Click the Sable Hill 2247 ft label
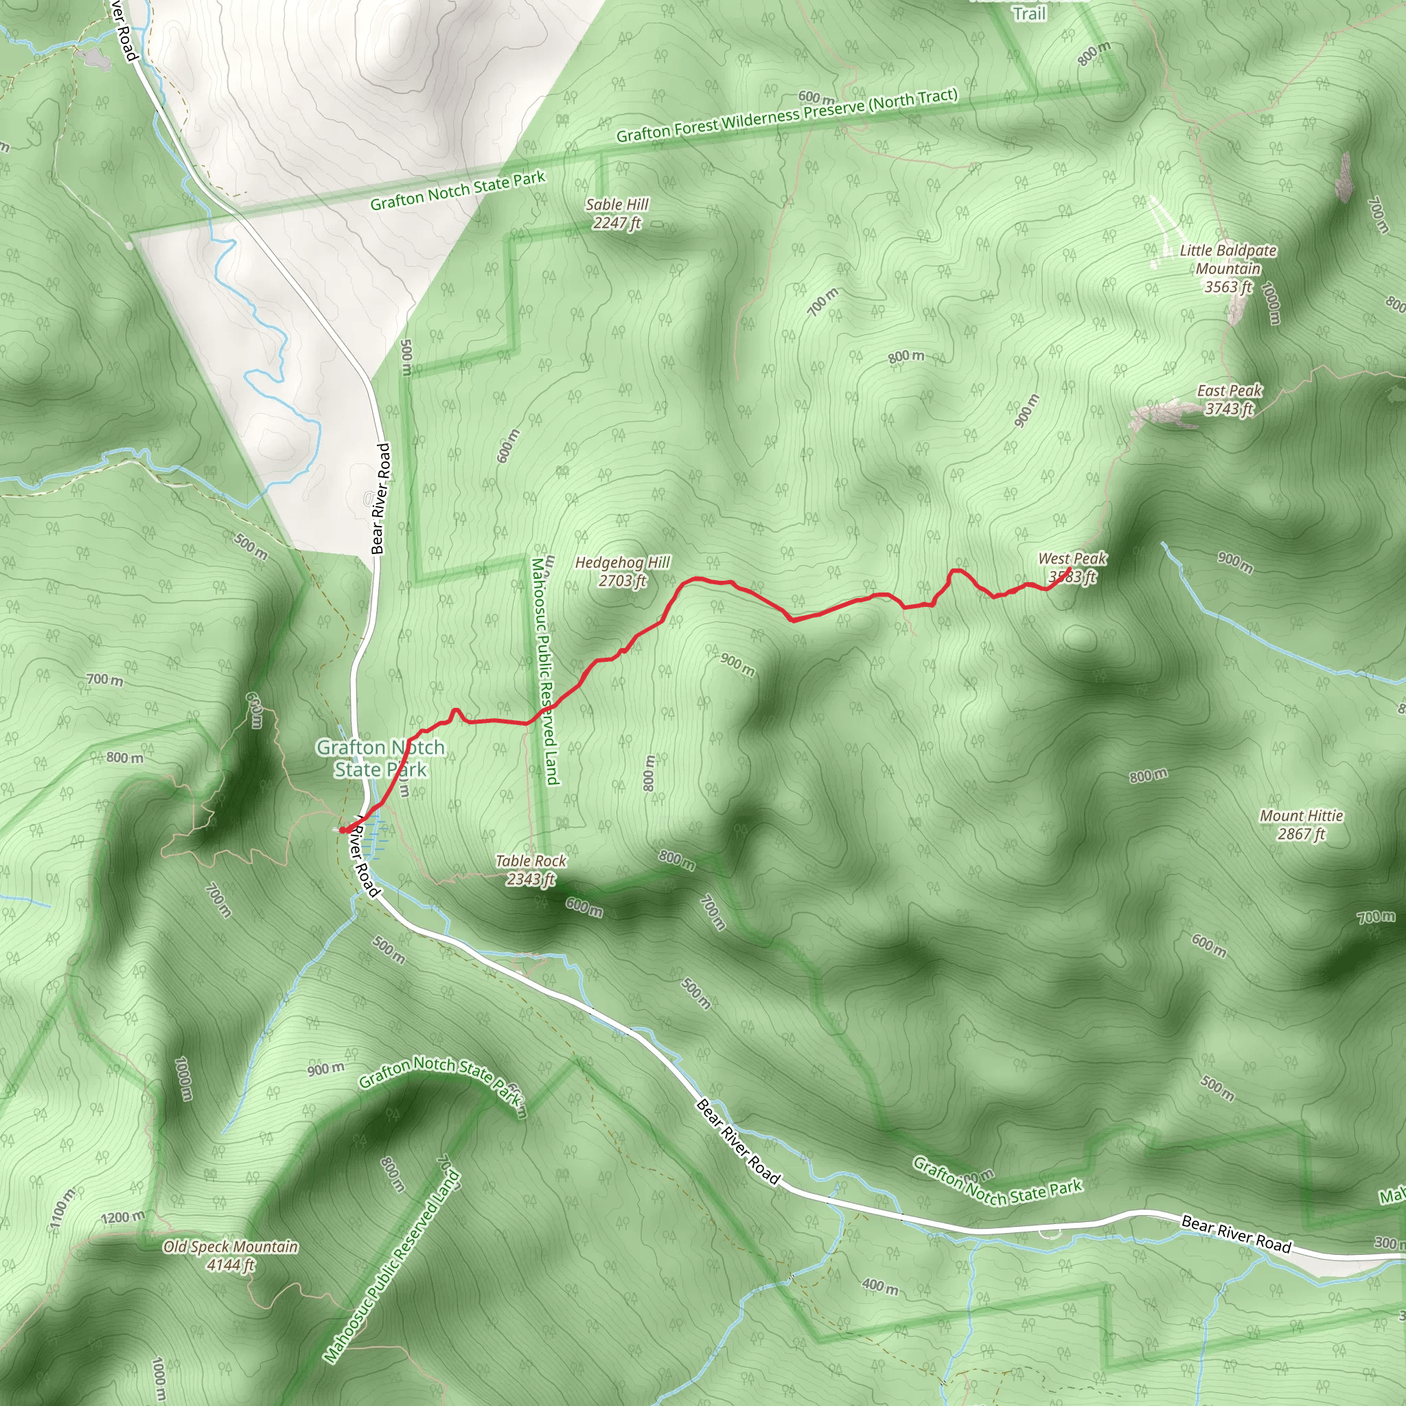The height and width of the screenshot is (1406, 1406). click(x=617, y=214)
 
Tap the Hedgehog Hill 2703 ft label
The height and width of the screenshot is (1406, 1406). click(x=622, y=571)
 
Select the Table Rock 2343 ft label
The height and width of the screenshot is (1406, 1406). click(x=531, y=870)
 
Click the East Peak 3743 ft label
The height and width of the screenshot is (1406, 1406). click(x=1229, y=400)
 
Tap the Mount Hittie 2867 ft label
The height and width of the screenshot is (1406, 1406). click(x=1301, y=825)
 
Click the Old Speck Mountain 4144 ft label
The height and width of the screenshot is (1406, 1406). click(x=231, y=1256)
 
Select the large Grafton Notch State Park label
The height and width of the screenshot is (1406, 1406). click(x=380, y=759)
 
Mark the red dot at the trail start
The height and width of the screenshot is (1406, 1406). click(x=343, y=829)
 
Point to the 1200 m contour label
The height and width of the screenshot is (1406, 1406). click(x=123, y=1217)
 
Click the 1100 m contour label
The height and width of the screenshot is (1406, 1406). click(x=62, y=1210)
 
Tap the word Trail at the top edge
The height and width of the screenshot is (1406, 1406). click(x=1029, y=14)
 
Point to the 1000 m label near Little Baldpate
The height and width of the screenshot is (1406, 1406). click(x=1271, y=303)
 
